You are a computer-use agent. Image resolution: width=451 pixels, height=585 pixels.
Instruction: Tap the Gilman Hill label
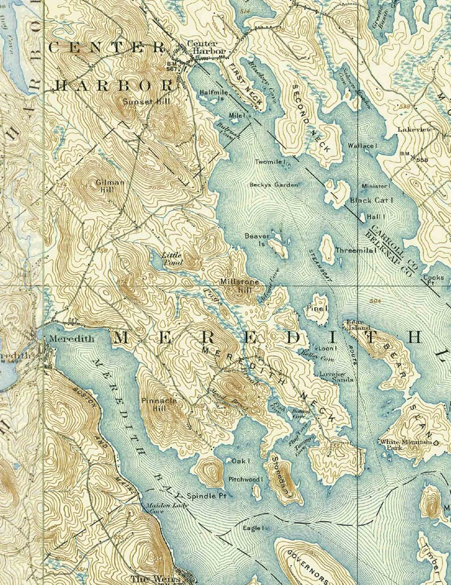click(110, 186)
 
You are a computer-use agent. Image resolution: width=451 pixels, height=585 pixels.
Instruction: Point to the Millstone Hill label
click(240, 286)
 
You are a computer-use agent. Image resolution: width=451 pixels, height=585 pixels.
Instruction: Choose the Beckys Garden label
click(273, 185)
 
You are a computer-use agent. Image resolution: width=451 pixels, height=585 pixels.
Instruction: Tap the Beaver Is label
click(255, 239)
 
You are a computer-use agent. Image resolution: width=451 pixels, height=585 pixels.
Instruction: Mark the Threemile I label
click(356, 250)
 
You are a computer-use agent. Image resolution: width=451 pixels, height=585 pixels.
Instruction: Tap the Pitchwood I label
click(247, 480)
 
